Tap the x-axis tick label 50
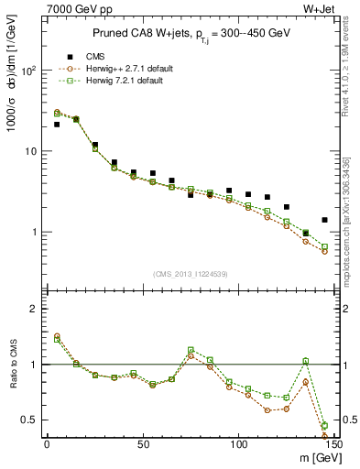coord(142,444)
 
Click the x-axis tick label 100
coord(238,444)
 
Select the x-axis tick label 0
coord(47,444)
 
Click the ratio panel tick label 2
coord(33,309)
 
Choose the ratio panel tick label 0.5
coord(29,420)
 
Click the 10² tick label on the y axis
coord(29,71)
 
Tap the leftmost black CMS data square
coord(57,125)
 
